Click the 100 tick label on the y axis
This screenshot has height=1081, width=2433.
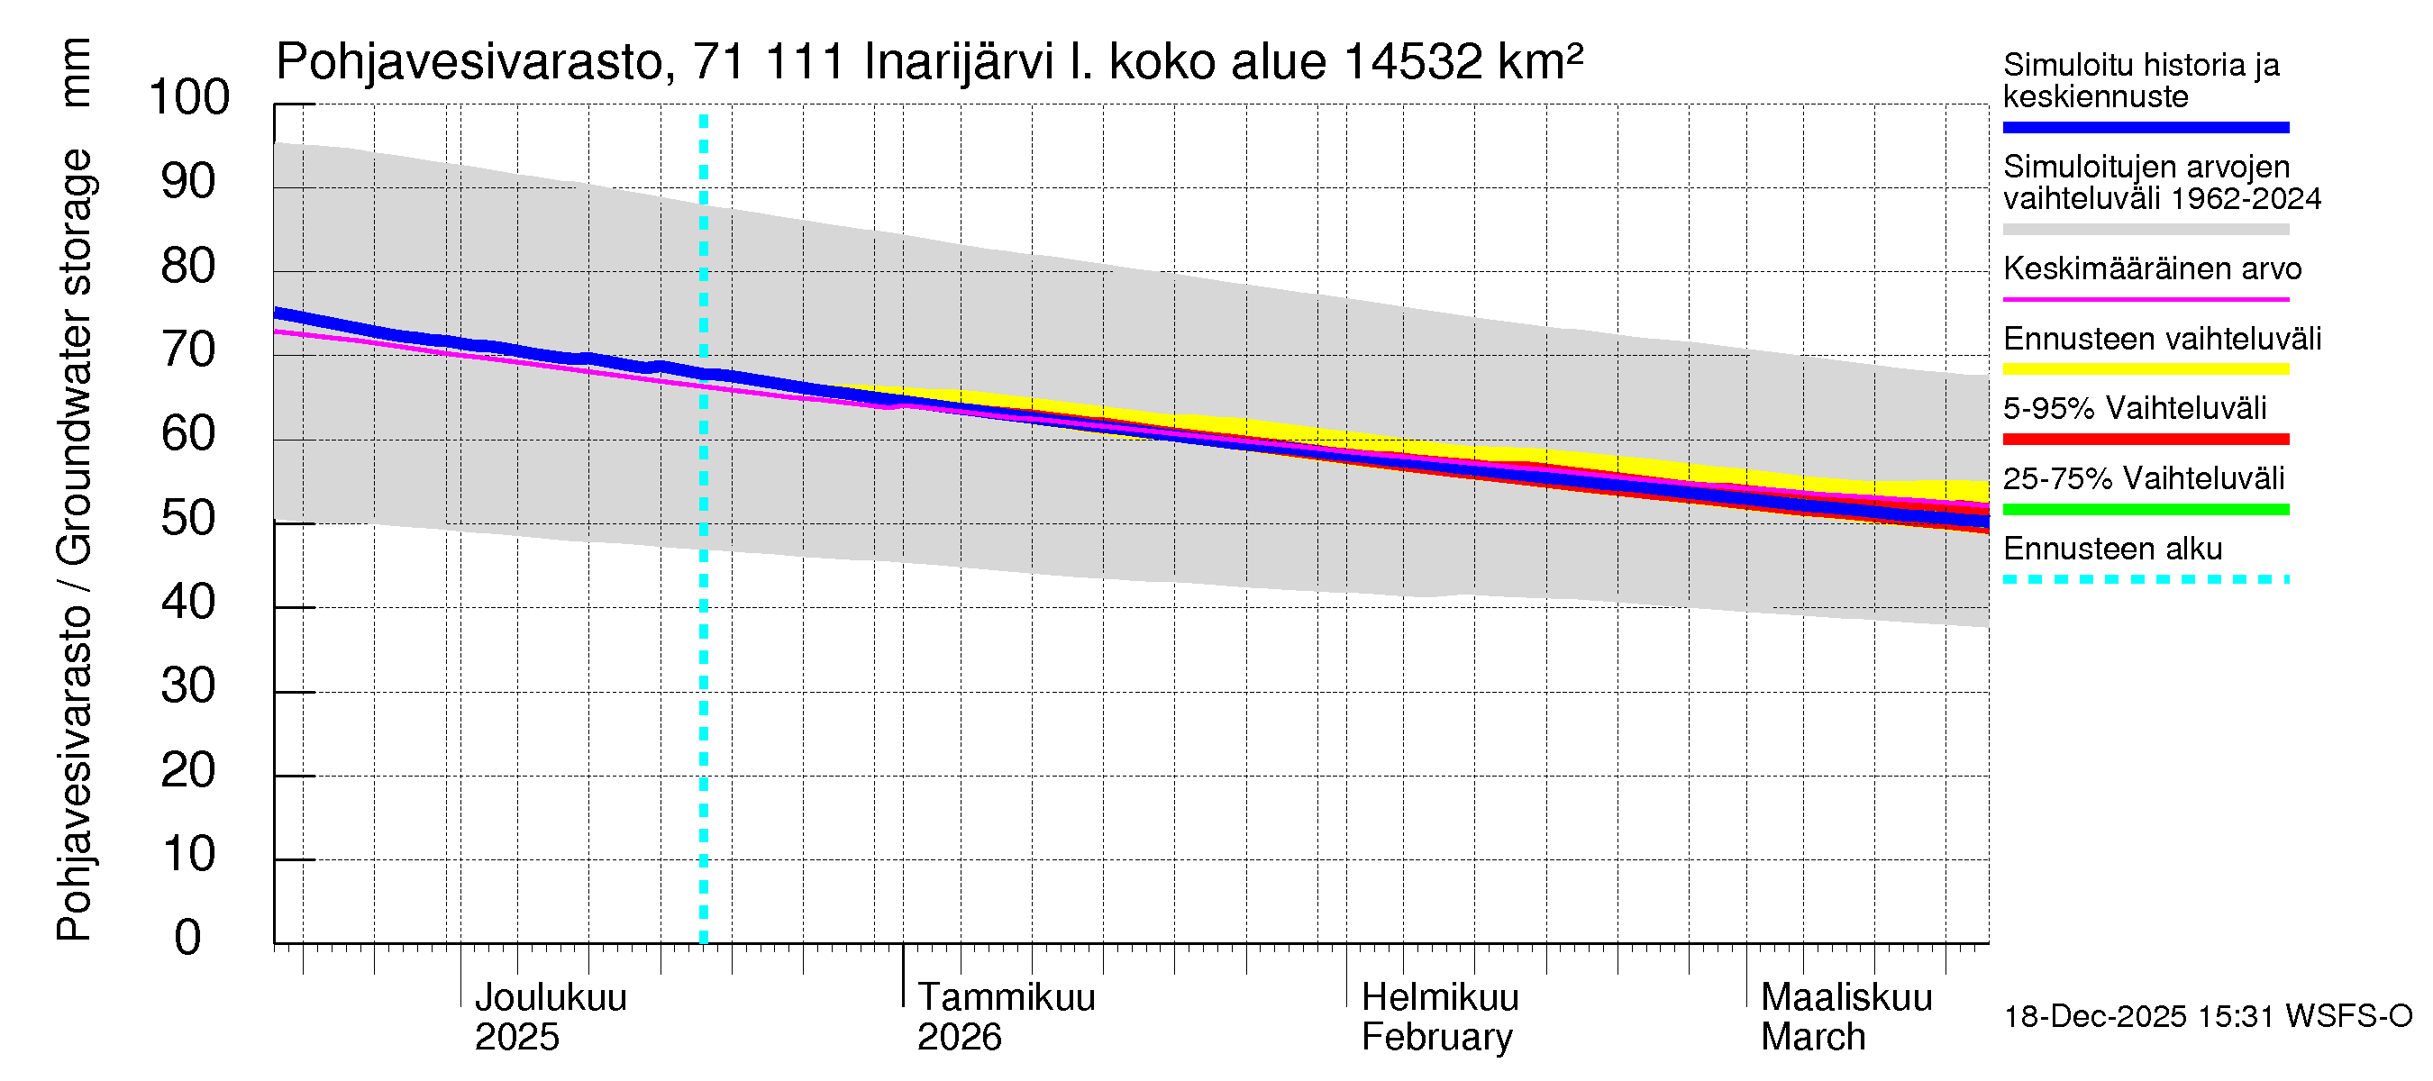pos(189,97)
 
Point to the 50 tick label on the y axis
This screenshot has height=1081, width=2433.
pos(189,518)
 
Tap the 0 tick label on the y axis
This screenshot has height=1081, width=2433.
pos(188,938)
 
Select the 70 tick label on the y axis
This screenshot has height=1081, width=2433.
pos(189,350)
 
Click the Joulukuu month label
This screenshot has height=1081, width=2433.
pos(550,997)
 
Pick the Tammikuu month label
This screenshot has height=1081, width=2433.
pos(1006,997)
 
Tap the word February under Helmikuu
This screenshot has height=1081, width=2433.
pos(1436,1037)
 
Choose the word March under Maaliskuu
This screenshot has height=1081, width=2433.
pos(1812,1037)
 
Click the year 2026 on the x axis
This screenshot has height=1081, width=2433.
pos(959,1037)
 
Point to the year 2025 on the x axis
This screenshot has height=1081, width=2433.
pos(516,1037)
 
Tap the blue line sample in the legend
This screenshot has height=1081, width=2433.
pos(2146,127)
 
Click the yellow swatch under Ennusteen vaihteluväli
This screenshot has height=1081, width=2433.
pos(2146,369)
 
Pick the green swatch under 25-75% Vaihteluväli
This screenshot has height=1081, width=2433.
pos(2146,510)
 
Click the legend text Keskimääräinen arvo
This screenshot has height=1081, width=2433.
pos(2153,269)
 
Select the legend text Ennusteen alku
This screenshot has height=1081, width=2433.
pos(2113,549)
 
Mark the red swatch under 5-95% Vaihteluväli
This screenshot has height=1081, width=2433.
pos(2146,439)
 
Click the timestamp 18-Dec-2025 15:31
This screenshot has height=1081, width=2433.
pos(2140,1017)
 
